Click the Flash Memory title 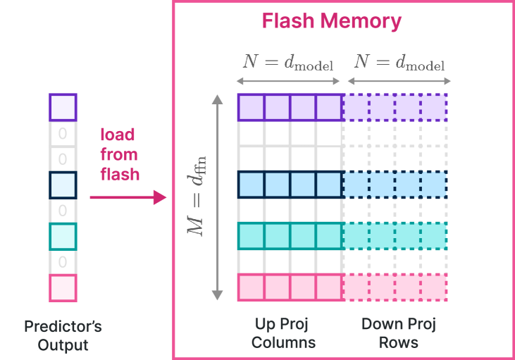(x=331, y=21)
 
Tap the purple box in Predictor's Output (x=63, y=107)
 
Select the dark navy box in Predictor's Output (x=63, y=185)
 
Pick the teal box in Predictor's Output (x=63, y=237)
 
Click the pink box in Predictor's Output (x=63, y=288)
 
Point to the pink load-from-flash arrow (x=128, y=197)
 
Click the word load (x=118, y=135)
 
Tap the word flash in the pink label (x=120, y=174)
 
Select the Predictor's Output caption (x=63, y=335)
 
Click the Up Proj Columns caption (x=283, y=333)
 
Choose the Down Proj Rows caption (x=398, y=333)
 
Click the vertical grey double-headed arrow (x=217, y=197)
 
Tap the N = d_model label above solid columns (x=288, y=62)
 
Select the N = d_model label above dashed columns (x=399, y=62)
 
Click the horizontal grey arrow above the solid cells (x=288, y=81)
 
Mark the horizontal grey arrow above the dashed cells (x=399, y=81)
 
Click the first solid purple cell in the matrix (x=251, y=107)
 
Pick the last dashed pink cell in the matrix (x=434, y=287)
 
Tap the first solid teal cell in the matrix (x=251, y=236)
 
